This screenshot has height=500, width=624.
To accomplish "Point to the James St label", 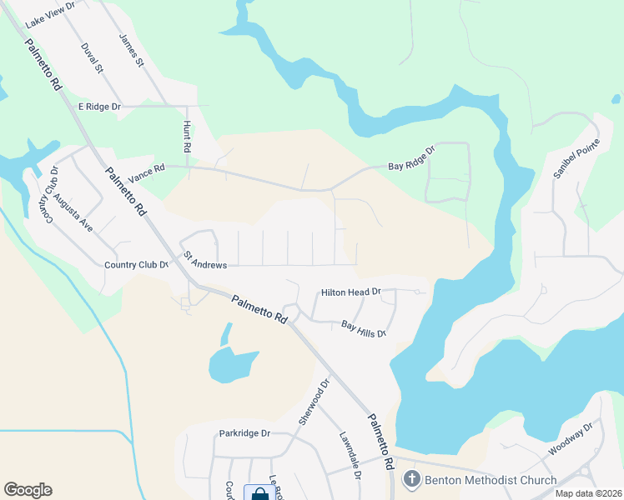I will (133, 51).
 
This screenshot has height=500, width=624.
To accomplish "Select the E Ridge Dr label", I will (99, 107).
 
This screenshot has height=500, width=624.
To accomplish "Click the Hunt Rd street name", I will (188, 135).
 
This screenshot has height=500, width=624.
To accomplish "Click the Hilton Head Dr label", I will (351, 292).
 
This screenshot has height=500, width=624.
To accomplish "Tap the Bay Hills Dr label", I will (364, 329).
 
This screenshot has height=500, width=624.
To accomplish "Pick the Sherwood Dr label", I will (315, 400).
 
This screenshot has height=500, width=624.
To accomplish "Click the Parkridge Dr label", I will (245, 433).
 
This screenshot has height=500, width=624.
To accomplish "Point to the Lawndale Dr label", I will (349, 455).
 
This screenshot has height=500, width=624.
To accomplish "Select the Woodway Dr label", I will (570, 439).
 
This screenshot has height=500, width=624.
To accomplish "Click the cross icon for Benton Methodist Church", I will (410, 480).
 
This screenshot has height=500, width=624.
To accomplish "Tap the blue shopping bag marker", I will (258, 493).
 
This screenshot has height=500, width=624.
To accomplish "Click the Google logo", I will (28, 490).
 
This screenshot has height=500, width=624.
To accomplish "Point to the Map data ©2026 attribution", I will (587, 493).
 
